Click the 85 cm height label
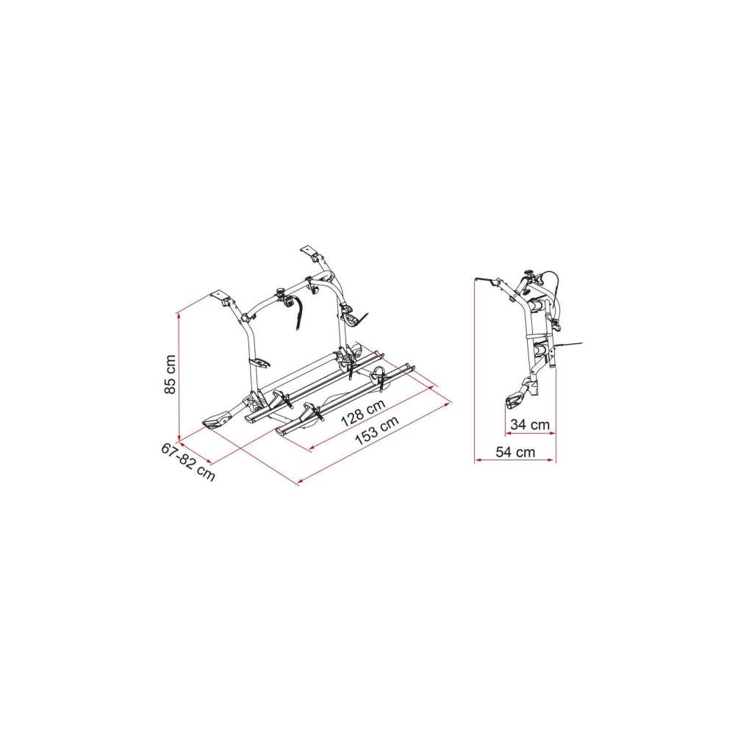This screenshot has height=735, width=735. click(x=170, y=375)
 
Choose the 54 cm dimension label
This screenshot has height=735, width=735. click(x=514, y=453)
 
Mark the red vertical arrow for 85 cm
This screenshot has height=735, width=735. click(x=180, y=375)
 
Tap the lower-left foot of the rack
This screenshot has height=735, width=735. click(x=218, y=420)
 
